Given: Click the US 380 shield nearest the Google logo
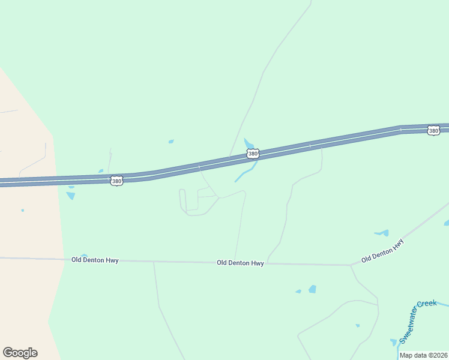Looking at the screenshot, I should pos(116,180).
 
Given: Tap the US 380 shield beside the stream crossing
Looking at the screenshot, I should pos(253,154).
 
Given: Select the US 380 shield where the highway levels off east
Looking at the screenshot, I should pos(433,130).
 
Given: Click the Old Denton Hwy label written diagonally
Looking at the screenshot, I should pos(382,251).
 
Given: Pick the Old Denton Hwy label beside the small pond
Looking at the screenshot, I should pos(95,260).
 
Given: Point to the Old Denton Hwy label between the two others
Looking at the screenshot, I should pos(240,263).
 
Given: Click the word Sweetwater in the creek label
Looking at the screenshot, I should pos(408,325).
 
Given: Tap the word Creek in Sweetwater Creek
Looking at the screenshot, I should pos(427,304).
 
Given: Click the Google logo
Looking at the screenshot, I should pos(20,353).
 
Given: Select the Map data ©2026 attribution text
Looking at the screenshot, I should pos(423,355).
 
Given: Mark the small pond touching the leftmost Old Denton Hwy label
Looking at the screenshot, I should pos(83,256).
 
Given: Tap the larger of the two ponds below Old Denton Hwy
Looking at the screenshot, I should pos(312,289).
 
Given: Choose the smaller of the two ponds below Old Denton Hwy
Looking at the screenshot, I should pos(298,292).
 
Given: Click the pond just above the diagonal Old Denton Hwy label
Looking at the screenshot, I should pos(382,233).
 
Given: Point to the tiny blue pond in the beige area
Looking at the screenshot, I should pos(22,210).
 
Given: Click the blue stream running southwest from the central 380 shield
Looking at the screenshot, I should pos(245,174).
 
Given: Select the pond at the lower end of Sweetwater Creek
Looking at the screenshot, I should pos(394,343).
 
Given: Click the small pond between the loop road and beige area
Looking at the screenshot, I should pos(71,196).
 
